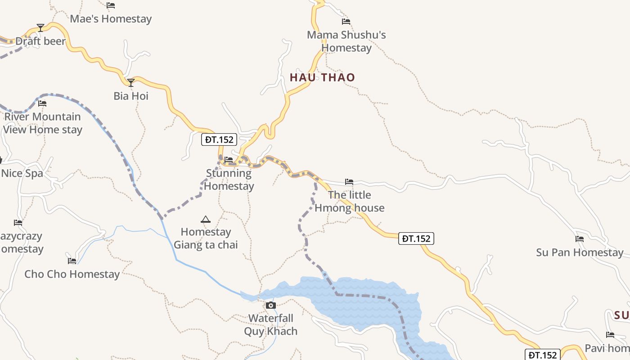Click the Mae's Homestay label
pyautogui.click(x=111, y=19)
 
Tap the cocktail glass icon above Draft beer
pyautogui.click(x=40, y=28)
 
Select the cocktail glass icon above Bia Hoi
pyautogui.click(x=131, y=83)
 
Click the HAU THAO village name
pyautogui.click(x=322, y=77)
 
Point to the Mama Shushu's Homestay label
pyautogui.click(x=346, y=41)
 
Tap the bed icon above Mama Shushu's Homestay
pyautogui.click(x=346, y=21)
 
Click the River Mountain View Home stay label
pyautogui.click(x=43, y=123)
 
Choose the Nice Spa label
pyautogui.click(x=22, y=173)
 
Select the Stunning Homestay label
pyautogui.click(x=229, y=180)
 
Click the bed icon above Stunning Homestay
pyautogui.click(x=229, y=159)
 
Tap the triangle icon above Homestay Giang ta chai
pyautogui.click(x=206, y=220)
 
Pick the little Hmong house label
pyautogui.click(x=350, y=201)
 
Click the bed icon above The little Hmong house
pyautogui.click(x=349, y=182)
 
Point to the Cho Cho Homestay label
pyautogui.click(x=72, y=274)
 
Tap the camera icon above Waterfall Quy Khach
pyautogui.click(x=271, y=306)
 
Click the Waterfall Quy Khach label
pyautogui.click(x=271, y=325)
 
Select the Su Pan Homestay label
pyautogui.click(x=580, y=252)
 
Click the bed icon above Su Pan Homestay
pyautogui.click(x=580, y=239)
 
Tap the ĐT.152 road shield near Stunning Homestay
pyautogui.click(x=219, y=139)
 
